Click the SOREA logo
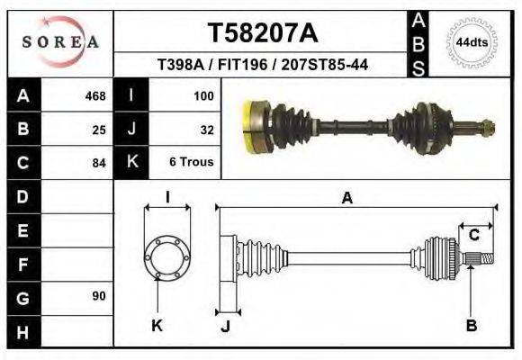pyautogui.click(x=60, y=42)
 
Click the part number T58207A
pyautogui.click(x=263, y=33)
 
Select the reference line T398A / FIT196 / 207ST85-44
pyautogui.click(x=262, y=65)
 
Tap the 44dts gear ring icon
pyautogui.click(x=472, y=42)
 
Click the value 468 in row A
pyautogui.click(x=94, y=96)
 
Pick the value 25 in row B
pyautogui.click(x=99, y=130)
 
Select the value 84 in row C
pyautogui.click(x=99, y=163)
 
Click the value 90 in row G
pyautogui.click(x=99, y=296)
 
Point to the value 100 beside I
pyautogui.click(x=203, y=96)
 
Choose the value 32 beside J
pyautogui.click(x=206, y=130)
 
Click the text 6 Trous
pyautogui.click(x=191, y=163)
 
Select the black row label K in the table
pyautogui.click(x=131, y=163)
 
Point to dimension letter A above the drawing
pyautogui.click(x=346, y=199)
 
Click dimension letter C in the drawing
pyautogui.click(x=474, y=236)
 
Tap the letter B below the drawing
pyautogui.click(x=471, y=326)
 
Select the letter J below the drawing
pyautogui.click(x=225, y=326)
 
